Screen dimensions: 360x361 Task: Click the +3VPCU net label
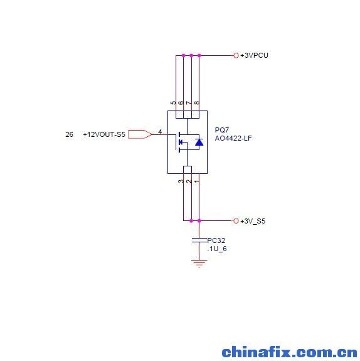254,55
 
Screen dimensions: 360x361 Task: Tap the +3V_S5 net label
253,221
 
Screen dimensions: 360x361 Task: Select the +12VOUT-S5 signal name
104,134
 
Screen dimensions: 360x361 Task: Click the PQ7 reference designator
222,130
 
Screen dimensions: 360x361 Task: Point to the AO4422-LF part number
233,138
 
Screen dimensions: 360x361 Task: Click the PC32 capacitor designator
216,240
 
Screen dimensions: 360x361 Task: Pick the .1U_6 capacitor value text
217,249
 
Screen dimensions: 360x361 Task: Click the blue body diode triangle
199,142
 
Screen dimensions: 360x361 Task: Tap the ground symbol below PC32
199,264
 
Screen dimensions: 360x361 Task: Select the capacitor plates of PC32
199,240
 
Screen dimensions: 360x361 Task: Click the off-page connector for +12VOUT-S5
140,134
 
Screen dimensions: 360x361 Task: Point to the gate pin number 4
160,132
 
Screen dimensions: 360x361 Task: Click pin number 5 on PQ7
173,103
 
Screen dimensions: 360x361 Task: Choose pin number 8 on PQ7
196,103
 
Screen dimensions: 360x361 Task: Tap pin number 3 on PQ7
181,181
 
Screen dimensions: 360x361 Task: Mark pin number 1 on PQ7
196,181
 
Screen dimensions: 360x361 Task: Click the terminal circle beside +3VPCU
236,55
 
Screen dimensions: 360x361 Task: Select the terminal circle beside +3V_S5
236,221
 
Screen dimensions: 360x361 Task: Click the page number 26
69,134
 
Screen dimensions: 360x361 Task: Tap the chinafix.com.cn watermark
289,352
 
